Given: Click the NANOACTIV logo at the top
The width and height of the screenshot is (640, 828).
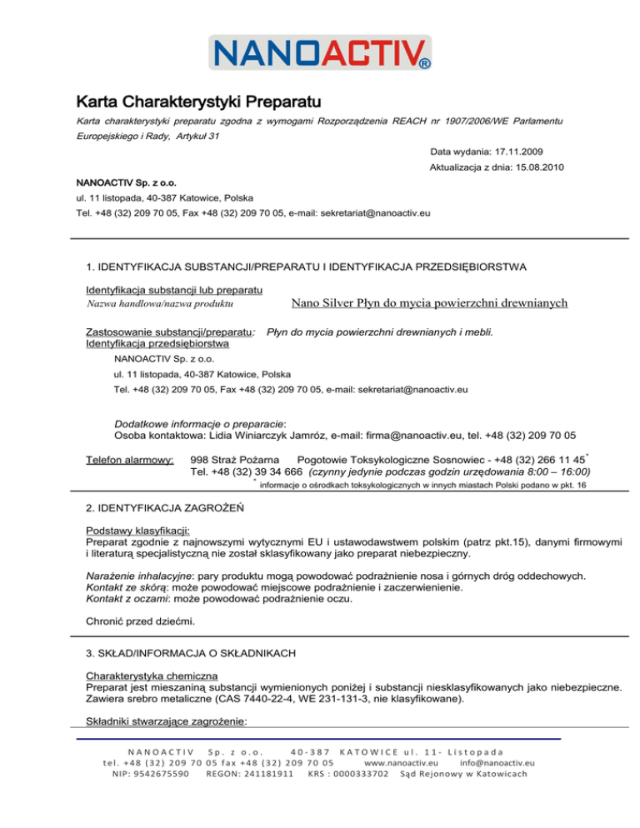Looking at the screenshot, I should (x=320, y=53).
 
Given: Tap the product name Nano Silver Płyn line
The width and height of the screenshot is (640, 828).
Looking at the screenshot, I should (x=430, y=303).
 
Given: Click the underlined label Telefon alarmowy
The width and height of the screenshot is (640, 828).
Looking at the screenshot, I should (x=130, y=460).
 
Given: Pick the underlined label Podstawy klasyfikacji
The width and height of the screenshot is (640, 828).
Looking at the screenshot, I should (x=138, y=530).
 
